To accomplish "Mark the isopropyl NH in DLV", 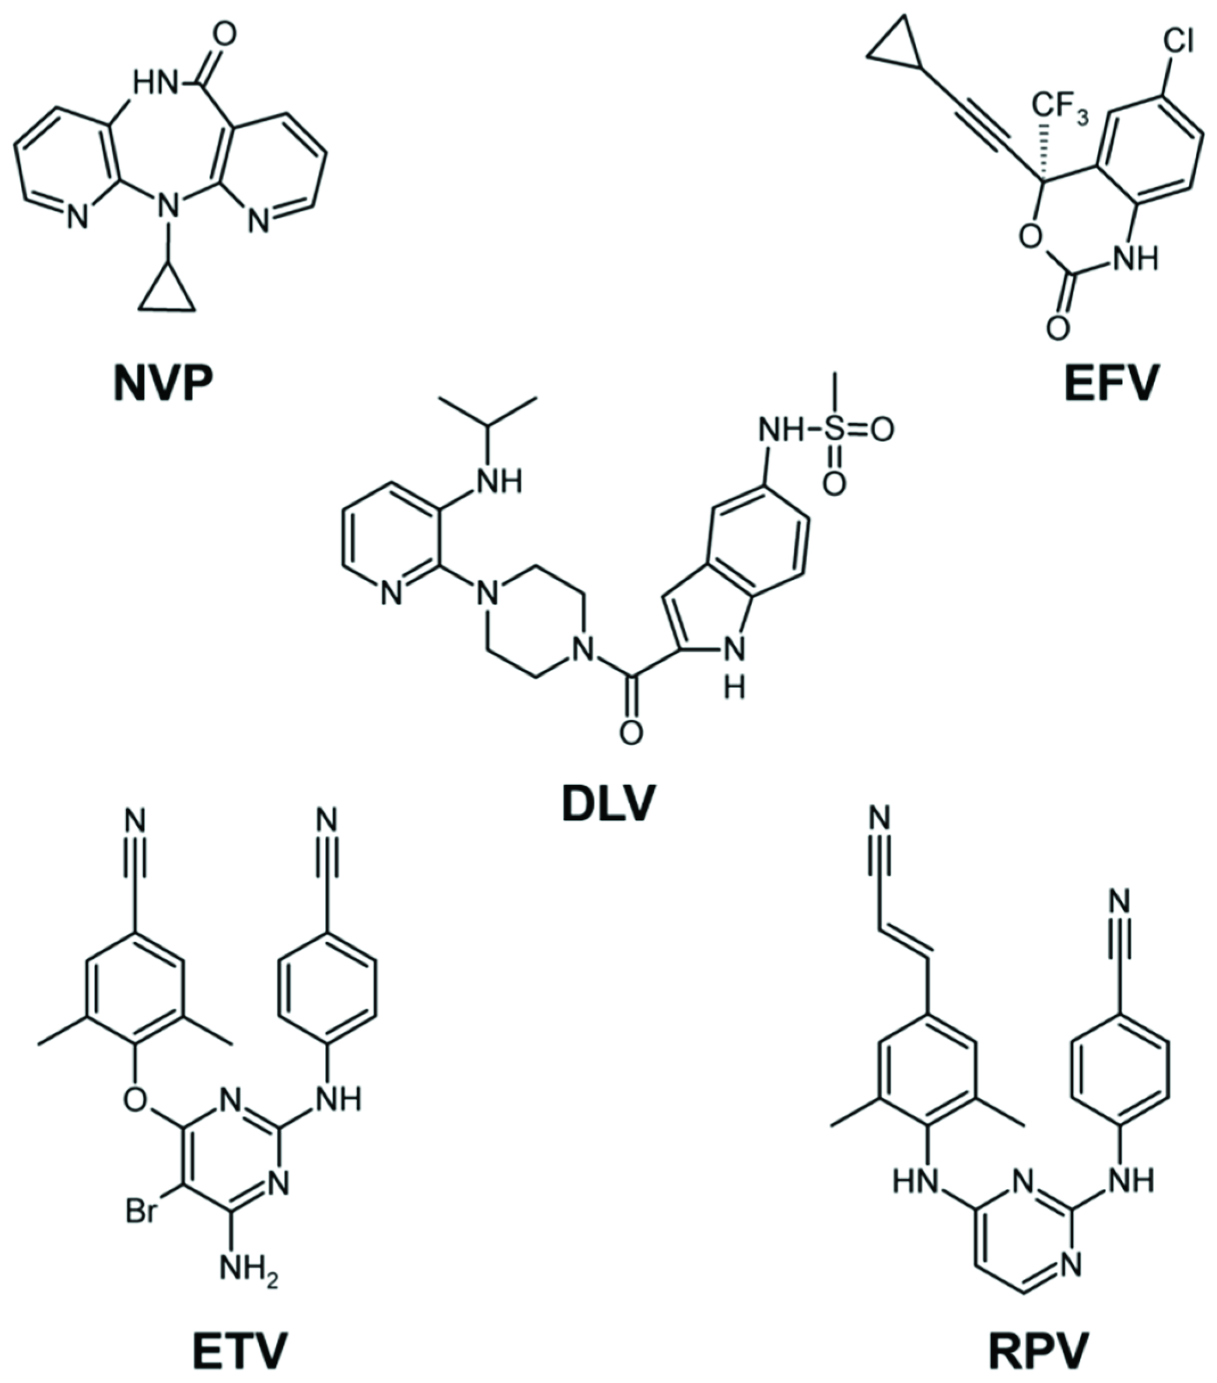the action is pyautogui.click(x=500, y=481).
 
